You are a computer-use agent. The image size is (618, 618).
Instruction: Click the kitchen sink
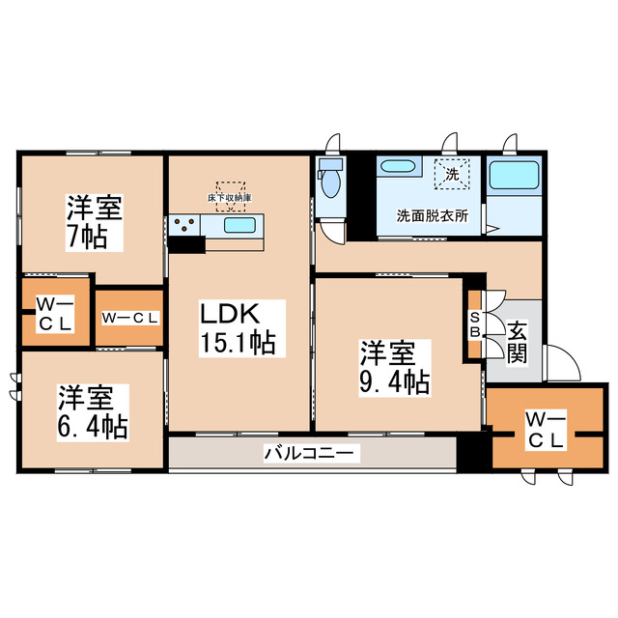click(x=239, y=225)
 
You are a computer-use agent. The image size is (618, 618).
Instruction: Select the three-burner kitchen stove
click(x=184, y=226)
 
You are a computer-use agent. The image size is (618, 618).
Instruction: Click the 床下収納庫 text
click(x=230, y=198)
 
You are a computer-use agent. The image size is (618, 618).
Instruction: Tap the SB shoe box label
click(x=475, y=323)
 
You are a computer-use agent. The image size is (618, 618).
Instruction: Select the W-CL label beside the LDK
click(x=129, y=317)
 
